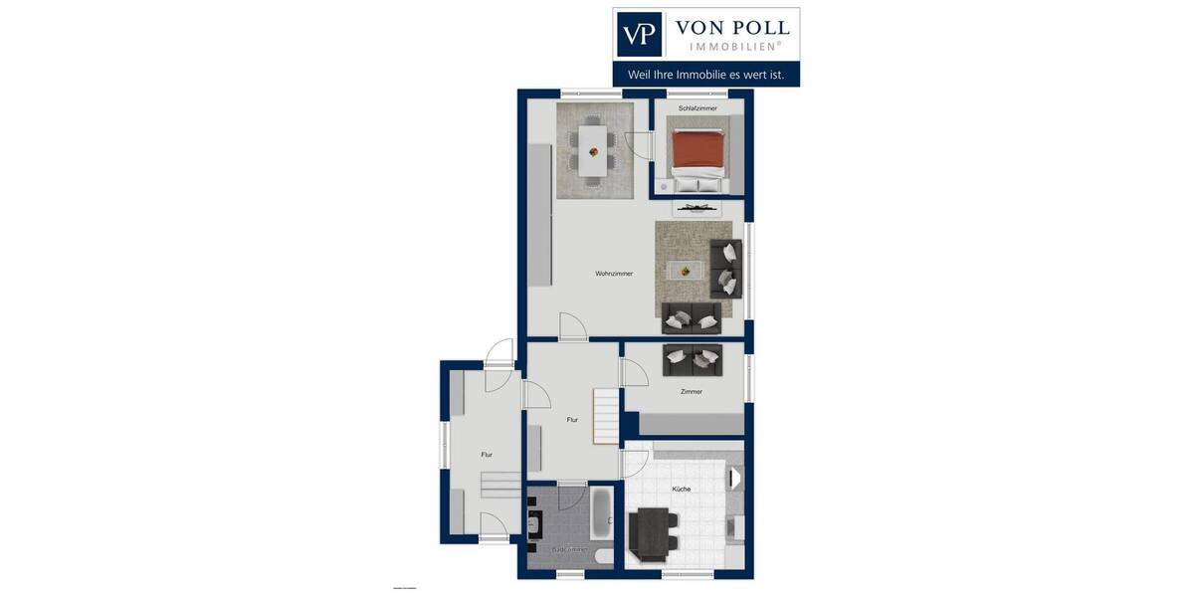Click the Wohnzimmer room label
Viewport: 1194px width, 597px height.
pyautogui.click(x=614, y=274)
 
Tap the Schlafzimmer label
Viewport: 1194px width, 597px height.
pyautogui.click(x=697, y=108)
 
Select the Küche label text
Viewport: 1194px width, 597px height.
pyautogui.click(x=682, y=490)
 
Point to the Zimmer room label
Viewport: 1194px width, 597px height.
pyautogui.click(x=691, y=392)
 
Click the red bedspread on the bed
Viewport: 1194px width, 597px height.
pyautogui.click(x=696, y=150)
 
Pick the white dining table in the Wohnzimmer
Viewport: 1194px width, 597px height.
pyautogui.click(x=593, y=148)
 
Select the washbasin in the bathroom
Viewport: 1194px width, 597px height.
pyautogui.click(x=534, y=525)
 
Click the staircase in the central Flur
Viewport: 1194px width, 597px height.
pyautogui.click(x=607, y=416)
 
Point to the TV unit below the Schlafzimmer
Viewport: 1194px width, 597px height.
pyautogui.click(x=696, y=208)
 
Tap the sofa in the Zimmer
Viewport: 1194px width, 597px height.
pyautogui.click(x=693, y=359)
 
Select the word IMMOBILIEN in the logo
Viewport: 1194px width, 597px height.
pyautogui.click(x=734, y=46)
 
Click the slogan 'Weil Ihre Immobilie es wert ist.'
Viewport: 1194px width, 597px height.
pyautogui.click(x=705, y=74)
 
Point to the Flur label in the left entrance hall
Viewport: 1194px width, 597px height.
pyautogui.click(x=487, y=455)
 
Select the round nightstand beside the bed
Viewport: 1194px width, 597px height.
pyautogui.click(x=664, y=185)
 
